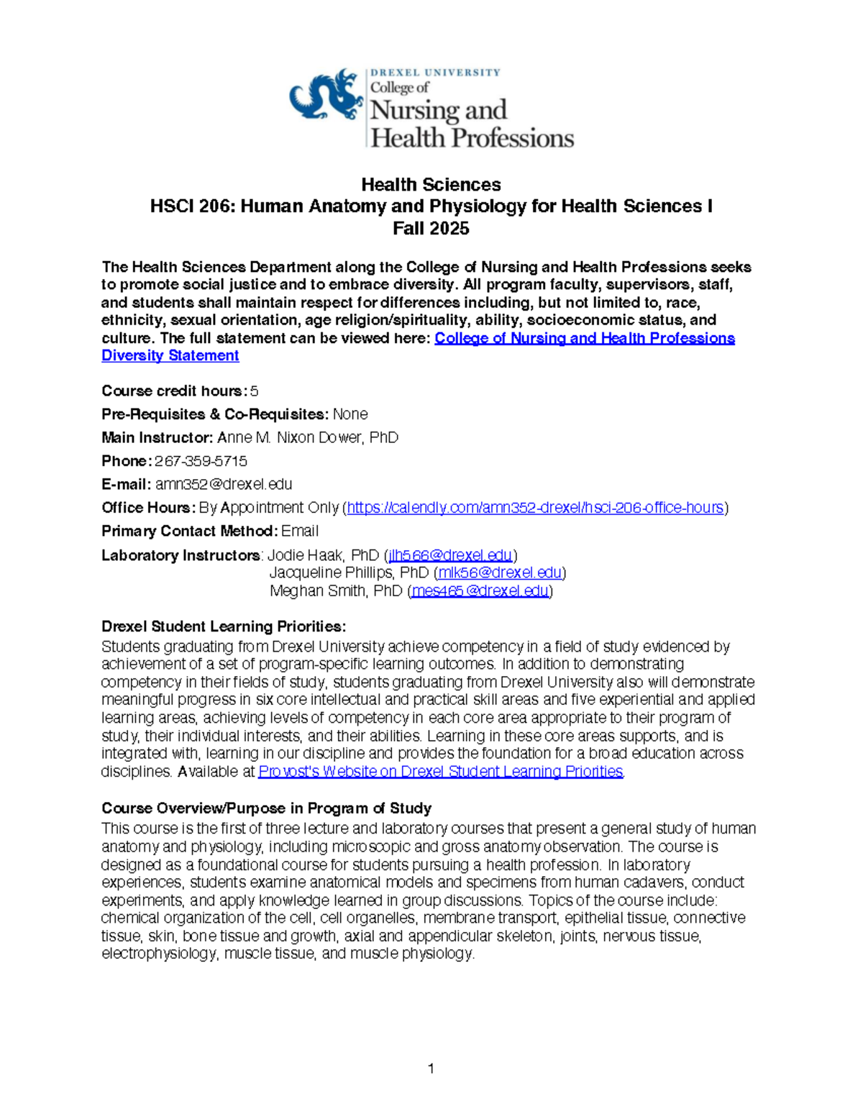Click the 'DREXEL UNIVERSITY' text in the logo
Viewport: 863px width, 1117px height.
(435, 73)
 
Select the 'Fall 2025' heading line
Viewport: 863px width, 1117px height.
(431, 229)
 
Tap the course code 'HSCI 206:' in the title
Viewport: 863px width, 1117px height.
(192, 206)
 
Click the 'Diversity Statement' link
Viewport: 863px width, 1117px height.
(170, 356)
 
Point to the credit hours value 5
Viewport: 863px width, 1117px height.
(254, 391)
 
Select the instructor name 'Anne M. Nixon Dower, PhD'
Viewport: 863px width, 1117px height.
(308, 438)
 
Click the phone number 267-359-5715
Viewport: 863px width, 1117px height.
(201, 461)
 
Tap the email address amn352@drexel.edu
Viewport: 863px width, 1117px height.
(224, 485)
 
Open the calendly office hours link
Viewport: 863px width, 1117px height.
(535, 508)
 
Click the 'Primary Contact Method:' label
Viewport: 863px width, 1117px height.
(189, 532)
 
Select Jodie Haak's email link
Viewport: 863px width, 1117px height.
(450, 555)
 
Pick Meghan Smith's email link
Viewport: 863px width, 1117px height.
(480, 591)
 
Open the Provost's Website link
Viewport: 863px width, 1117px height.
(440, 772)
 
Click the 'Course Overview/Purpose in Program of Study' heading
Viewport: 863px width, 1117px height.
(266, 808)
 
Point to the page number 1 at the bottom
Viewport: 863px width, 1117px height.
(431, 1069)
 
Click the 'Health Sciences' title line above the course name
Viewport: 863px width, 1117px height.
(431, 185)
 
